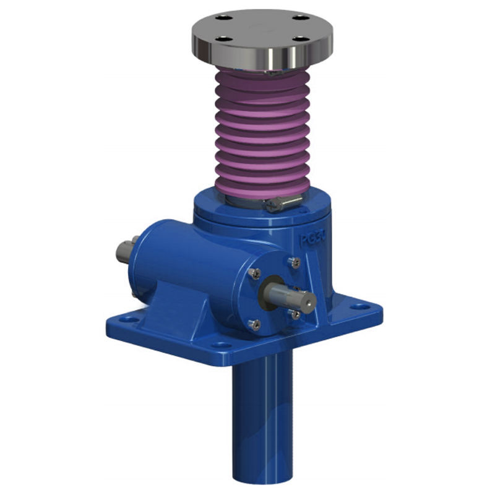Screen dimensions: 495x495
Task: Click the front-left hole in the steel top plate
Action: click(224, 39)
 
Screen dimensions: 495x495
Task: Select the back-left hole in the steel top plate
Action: click(225, 19)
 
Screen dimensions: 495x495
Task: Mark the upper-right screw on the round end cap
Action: click(295, 263)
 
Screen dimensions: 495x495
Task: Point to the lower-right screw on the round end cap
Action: click(296, 314)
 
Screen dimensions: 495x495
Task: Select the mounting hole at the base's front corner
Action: click(220, 345)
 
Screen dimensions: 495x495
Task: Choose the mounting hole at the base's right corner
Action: click(357, 306)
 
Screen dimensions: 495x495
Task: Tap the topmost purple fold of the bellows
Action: click(261, 77)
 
